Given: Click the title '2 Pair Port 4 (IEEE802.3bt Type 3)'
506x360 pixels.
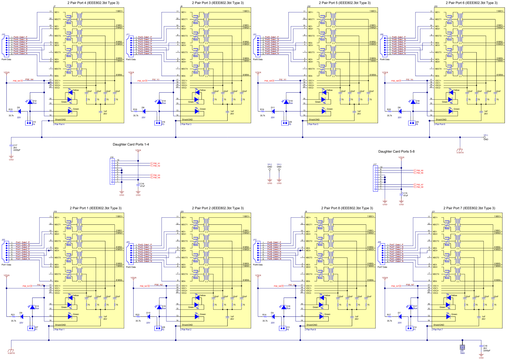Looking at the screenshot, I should [93, 3].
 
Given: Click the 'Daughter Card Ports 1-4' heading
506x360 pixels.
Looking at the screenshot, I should [131, 144].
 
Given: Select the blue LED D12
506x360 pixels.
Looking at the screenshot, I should [30, 102].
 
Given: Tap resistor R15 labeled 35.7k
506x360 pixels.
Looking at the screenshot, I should [11, 111].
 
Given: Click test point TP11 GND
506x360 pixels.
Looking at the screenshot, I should [484, 137].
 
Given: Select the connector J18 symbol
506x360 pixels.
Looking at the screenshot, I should [112, 171].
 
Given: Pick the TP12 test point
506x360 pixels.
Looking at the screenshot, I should [270, 170].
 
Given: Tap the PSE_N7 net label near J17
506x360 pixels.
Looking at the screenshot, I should [419, 185].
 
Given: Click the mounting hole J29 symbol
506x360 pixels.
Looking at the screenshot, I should [462, 347].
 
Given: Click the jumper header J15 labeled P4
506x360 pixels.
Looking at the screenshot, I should [29, 123].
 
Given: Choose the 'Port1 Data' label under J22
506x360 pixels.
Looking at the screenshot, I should [6, 265].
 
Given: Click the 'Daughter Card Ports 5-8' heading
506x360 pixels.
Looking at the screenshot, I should [396, 152].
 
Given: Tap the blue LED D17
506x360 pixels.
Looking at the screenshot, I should [410, 307].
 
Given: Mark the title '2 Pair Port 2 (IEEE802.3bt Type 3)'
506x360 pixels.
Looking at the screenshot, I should [218, 208].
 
